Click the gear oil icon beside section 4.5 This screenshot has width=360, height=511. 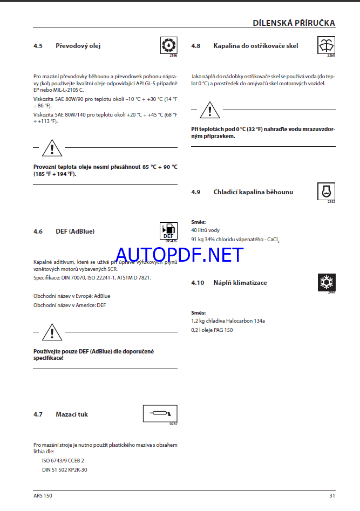[168, 45]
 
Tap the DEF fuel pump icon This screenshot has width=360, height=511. [168, 230]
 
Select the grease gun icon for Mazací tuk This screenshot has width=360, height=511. [160, 414]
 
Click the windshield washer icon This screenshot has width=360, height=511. [326, 45]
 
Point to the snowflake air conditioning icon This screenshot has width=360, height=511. [326, 282]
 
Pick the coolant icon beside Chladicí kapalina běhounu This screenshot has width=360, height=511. [326, 192]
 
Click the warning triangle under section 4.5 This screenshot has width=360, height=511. [52, 147]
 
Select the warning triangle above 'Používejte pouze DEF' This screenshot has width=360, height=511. [52, 332]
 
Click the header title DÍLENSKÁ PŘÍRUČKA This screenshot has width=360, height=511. [294, 23]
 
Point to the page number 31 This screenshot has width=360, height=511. [332, 495]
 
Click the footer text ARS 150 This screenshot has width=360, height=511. [43, 495]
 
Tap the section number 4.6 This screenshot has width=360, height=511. [38, 231]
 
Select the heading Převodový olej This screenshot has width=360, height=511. [78, 46]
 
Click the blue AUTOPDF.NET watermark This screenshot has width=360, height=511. [180, 255]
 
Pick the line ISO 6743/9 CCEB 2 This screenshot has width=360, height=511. [63, 461]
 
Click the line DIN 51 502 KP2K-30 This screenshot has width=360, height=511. [64, 470]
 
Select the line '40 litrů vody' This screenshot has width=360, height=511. [206, 230]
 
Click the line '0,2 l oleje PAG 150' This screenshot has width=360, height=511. [212, 330]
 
